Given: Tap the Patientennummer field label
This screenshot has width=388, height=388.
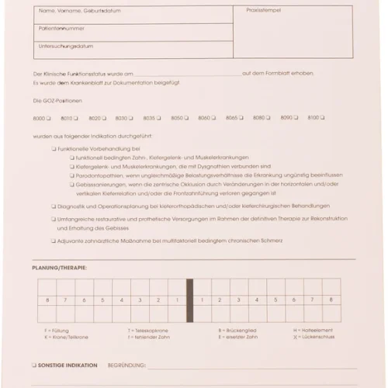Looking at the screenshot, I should point(59,28).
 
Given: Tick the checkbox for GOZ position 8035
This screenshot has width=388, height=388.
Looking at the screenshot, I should point(159,118).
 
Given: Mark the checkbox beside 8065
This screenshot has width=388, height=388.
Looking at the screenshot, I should point(241,118).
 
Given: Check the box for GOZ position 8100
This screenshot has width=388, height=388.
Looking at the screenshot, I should point(324,118).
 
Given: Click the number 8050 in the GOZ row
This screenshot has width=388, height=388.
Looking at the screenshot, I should point(177,118).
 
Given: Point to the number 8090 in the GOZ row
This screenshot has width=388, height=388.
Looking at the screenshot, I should point(286,118).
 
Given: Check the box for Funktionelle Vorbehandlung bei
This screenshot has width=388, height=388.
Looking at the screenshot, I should point(54,147).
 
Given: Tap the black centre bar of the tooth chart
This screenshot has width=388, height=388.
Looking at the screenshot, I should point(189,302).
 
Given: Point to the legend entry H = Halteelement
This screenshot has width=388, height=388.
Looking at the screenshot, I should point(312,331).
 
